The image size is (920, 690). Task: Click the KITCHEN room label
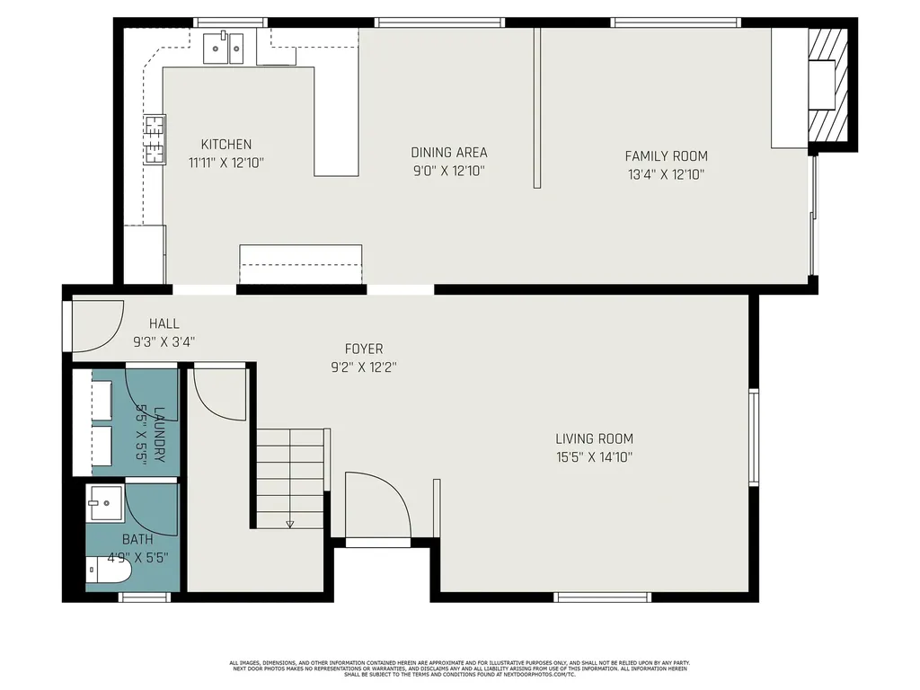pos(226,144)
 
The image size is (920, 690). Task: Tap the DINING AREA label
pos(448,153)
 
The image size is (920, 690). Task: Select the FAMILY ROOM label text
pos(666,156)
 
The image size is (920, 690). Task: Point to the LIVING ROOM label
pos(594,439)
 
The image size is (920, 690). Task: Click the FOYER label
pos(364,349)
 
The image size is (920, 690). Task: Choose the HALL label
pos(164,323)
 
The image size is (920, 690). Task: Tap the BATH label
pos(137,540)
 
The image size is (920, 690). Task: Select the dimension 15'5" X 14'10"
pos(594,456)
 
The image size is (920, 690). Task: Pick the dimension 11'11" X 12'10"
pos(226,163)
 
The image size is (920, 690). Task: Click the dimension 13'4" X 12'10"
pos(666,174)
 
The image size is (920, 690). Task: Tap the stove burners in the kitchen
pos(155,140)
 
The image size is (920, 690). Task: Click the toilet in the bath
pos(110,570)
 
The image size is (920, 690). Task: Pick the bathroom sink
pos(106,505)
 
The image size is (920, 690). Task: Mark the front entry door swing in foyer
pos(377,506)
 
